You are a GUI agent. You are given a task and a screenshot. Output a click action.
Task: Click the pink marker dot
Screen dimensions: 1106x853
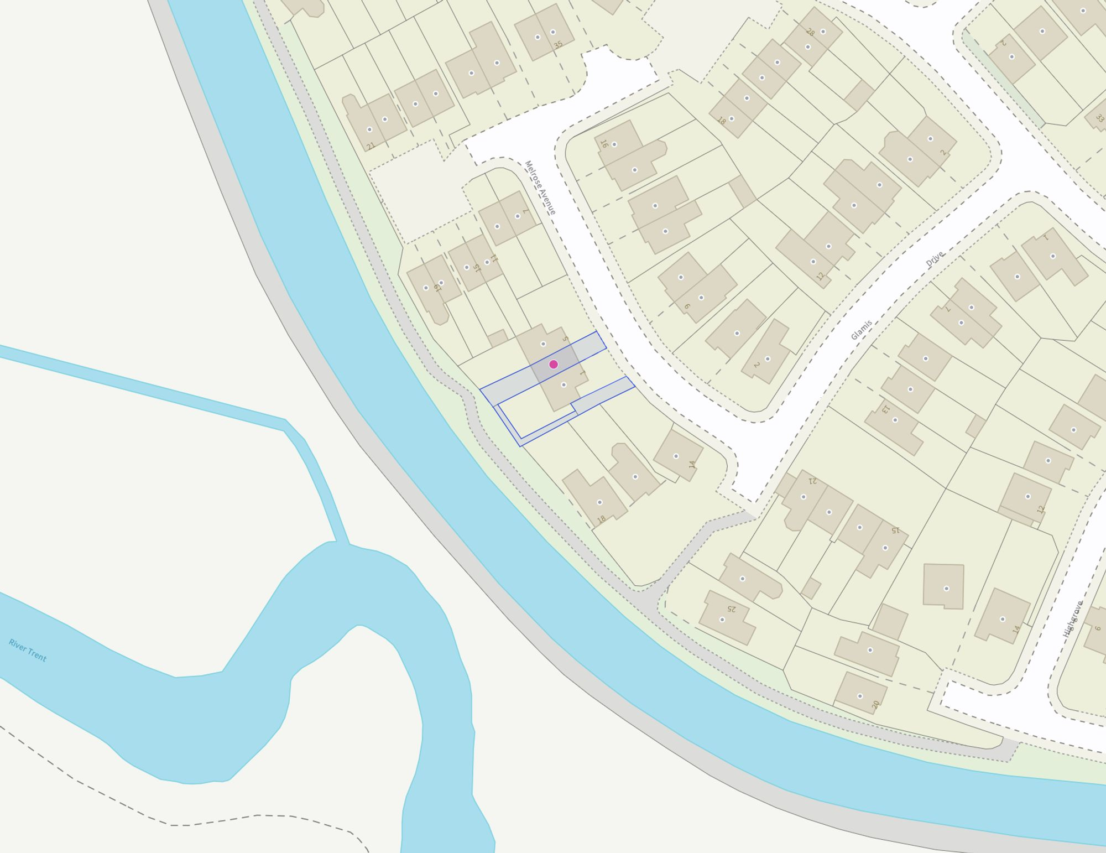[553, 364]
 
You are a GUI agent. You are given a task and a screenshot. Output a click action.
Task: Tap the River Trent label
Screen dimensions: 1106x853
[28, 650]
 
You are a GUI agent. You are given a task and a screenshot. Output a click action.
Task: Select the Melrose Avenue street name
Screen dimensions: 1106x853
[540, 188]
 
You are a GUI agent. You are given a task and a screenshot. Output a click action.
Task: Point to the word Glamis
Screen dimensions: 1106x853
[862, 330]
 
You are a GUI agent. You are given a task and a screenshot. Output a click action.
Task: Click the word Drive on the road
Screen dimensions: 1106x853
[935, 258]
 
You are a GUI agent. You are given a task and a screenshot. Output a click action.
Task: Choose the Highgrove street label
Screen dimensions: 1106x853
[1073, 619]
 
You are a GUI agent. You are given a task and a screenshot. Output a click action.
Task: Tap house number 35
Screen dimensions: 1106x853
[558, 44]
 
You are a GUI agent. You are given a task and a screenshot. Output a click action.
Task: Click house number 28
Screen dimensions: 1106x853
[810, 32]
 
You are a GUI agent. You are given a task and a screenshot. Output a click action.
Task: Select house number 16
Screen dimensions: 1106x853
[604, 144]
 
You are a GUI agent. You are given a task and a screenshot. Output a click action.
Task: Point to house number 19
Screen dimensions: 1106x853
[437, 288]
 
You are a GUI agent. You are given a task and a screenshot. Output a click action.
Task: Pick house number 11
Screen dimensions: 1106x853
[494, 258]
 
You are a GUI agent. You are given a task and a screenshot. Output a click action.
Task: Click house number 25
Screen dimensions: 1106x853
[731, 608]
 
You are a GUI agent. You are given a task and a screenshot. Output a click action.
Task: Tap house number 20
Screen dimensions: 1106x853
[875, 705]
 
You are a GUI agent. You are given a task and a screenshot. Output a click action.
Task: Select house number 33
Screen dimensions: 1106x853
[1099, 118]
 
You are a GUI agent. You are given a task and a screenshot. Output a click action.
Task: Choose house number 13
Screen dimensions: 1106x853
[885, 409]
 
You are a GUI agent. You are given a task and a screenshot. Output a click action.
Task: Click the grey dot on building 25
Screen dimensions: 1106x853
[722, 620]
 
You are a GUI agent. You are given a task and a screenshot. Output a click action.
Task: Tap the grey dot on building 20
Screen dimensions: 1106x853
[860, 696]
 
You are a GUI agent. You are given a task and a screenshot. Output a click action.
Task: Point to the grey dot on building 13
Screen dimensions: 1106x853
[895, 420]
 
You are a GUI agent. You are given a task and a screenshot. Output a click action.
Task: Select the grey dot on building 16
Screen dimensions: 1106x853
[614, 144]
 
